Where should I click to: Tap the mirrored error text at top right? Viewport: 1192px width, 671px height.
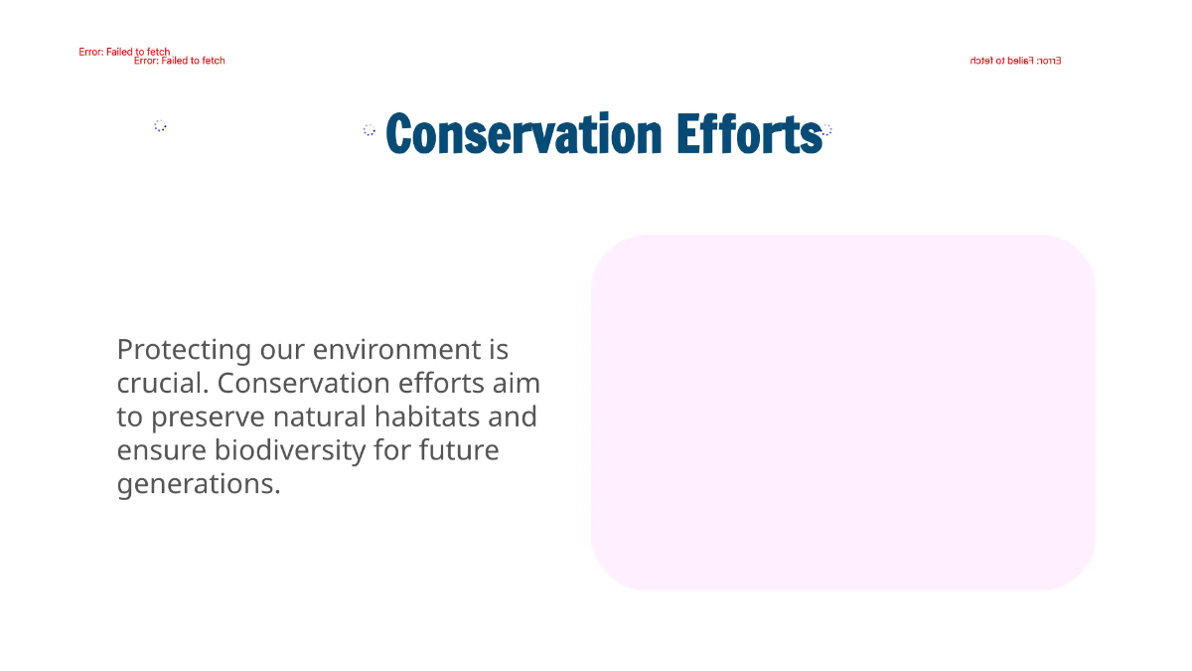tap(1015, 61)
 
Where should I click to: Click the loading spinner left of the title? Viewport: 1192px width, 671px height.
tap(370, 130)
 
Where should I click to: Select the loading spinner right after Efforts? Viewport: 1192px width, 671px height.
tap(826, 130)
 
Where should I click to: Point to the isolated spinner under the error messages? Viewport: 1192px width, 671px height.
tap(160, 125)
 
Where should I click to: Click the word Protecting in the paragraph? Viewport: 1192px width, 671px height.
tap(184, 350)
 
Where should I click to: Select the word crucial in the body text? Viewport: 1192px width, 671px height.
tap(163, 384)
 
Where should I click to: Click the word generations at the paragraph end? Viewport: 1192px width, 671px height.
tap(198, 485)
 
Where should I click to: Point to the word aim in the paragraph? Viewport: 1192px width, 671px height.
tap(517, 384)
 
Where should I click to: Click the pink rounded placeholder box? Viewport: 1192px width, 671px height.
tap(842, 412)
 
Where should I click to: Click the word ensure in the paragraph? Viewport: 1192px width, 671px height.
tap(162, 450)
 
